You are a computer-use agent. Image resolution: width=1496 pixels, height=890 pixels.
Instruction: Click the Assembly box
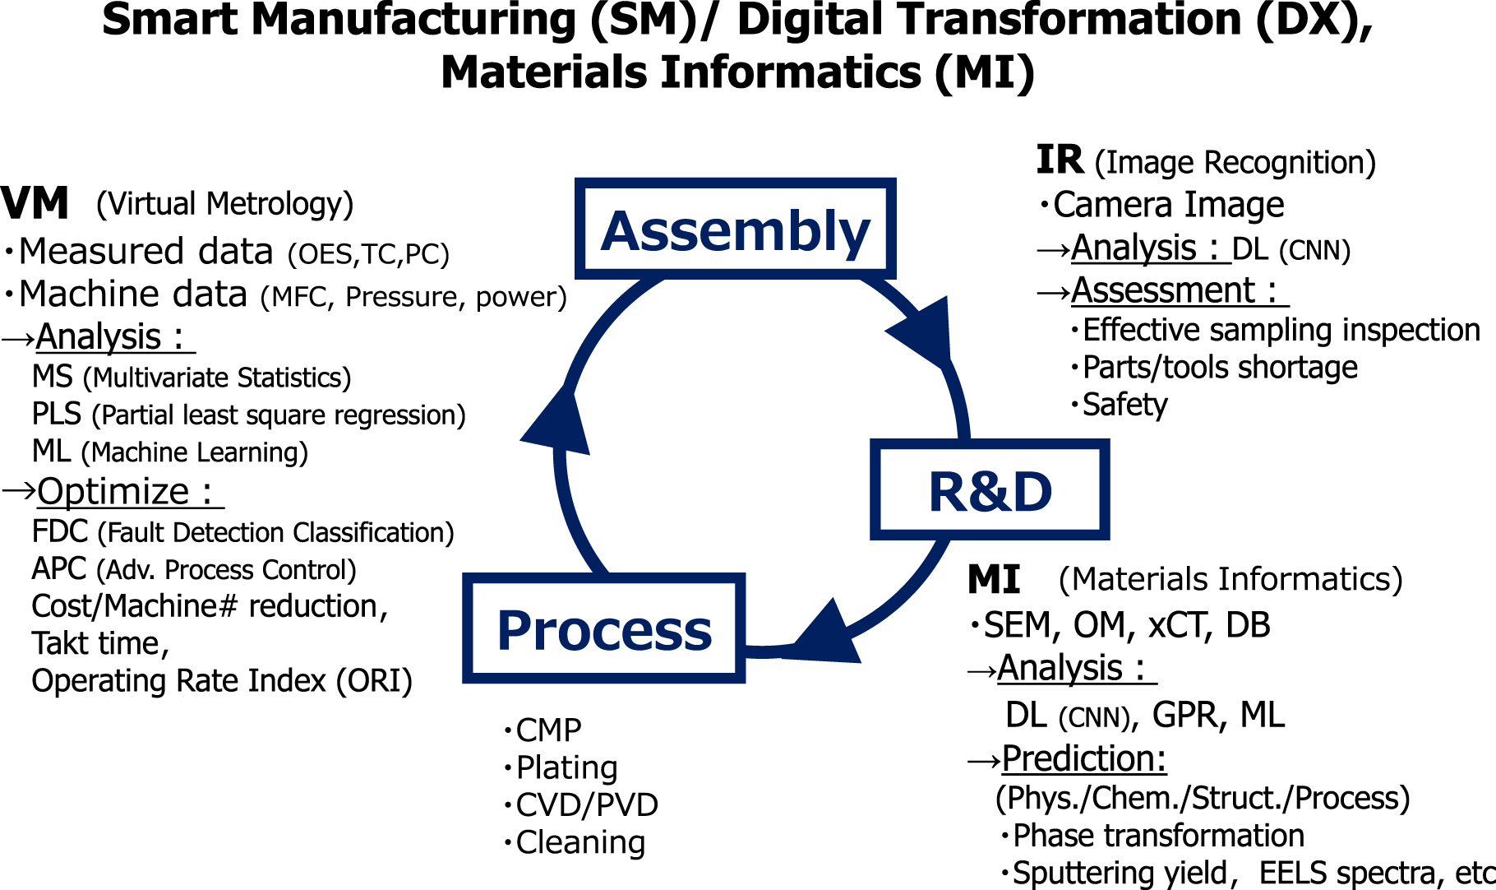[735, 229]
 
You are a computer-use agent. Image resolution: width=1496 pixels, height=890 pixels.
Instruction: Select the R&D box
[990, 491]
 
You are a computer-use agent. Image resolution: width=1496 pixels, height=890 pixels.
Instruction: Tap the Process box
[604, 630]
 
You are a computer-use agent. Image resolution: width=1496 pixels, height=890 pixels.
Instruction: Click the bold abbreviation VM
[35, 203]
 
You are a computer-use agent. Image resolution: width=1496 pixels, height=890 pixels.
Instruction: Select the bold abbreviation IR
[1059, 160]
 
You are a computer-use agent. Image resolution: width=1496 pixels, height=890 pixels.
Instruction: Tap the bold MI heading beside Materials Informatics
[993, 580]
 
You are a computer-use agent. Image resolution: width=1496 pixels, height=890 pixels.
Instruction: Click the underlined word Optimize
[113, 492]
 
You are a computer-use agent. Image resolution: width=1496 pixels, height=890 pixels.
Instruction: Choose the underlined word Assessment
[1163, 290]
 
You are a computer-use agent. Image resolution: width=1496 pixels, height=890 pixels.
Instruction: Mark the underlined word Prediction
[1083, 758]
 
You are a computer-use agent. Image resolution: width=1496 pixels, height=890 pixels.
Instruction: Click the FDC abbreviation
[59, 532]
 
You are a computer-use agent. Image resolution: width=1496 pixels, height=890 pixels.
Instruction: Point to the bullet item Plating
[566, 767]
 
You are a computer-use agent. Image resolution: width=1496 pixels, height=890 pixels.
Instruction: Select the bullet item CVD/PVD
[586, 805]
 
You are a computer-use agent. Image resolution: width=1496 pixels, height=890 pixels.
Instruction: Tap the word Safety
[1124, 405]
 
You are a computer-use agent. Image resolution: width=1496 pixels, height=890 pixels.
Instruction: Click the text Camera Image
[1168, 205]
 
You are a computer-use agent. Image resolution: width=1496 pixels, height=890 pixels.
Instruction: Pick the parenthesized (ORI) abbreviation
[374, 681]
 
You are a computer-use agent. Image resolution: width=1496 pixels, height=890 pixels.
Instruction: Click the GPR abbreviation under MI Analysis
[1184, 715]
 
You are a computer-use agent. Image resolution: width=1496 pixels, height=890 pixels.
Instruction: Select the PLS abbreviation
[56, 414]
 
